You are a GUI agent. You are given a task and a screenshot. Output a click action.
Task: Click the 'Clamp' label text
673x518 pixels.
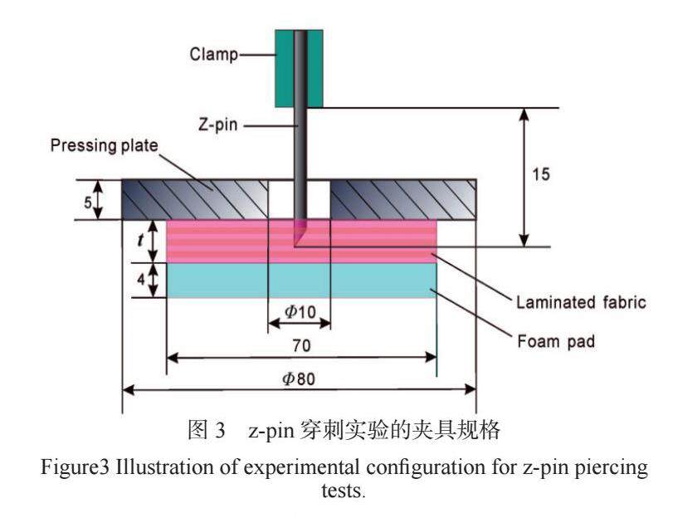pyautogui.click(x=212, y=55)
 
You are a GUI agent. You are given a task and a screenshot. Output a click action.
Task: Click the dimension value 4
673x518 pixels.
pyautogui.click(x=142, y=281)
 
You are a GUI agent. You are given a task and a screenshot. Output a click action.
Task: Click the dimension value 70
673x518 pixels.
pyautogui.click(x=301, y=342)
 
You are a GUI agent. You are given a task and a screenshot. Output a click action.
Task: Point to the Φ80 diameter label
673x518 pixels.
pyautogui.click(x=300, y=378)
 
